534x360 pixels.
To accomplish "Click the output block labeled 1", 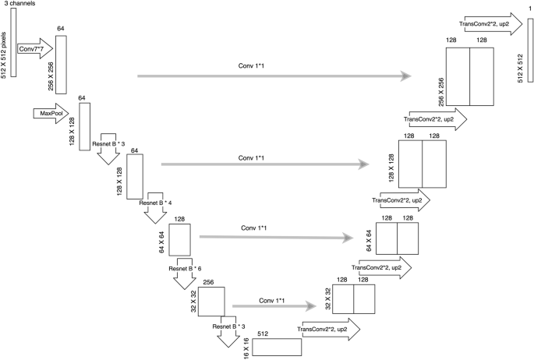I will pos(530,59).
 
